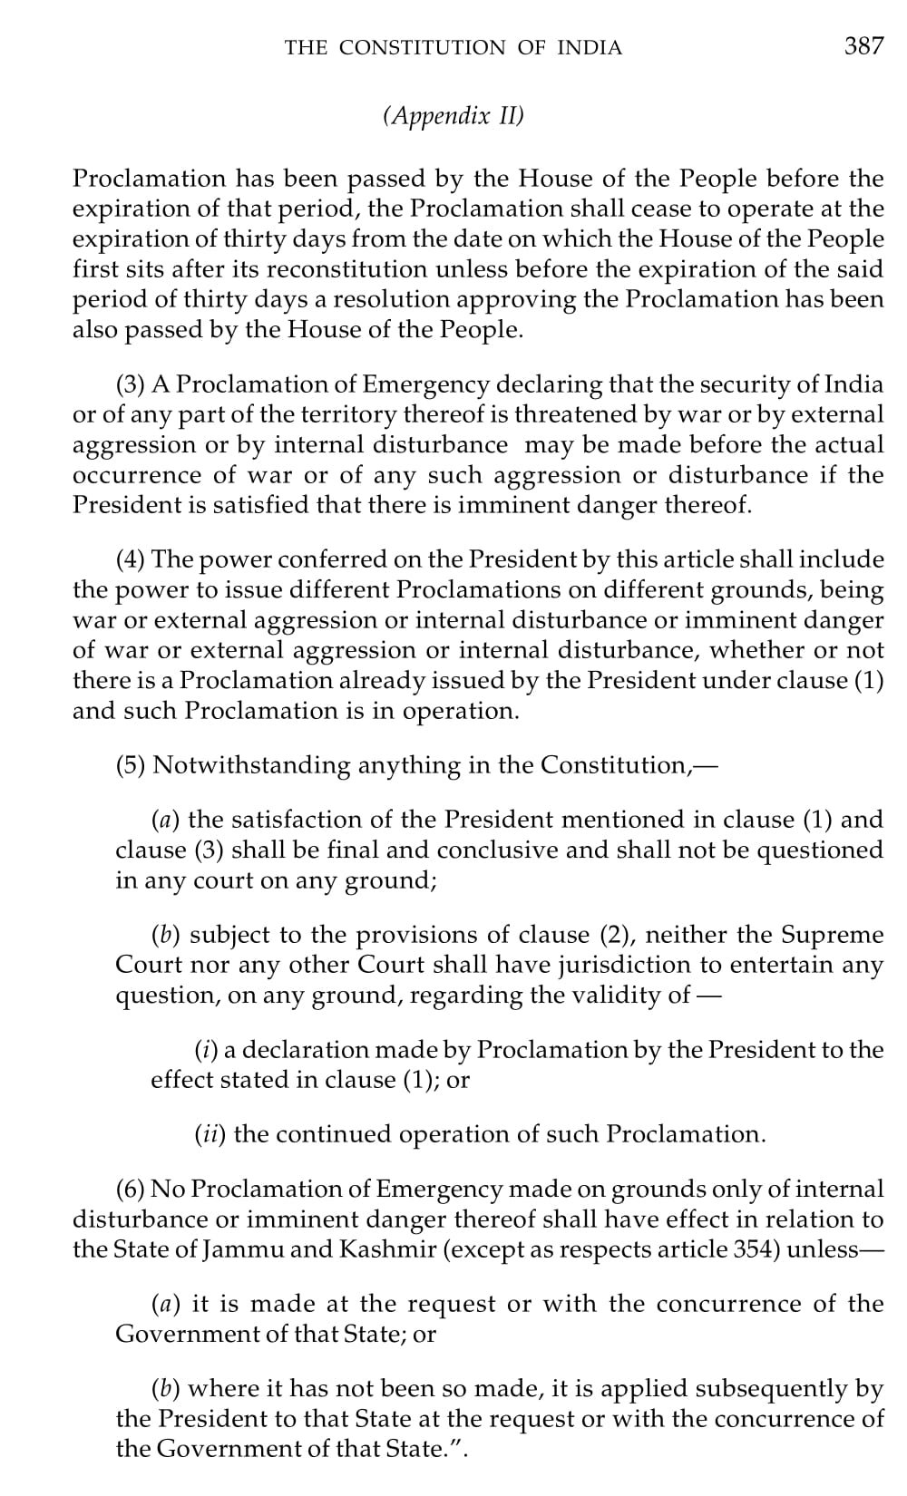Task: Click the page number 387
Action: (863, 46)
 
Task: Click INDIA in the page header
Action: (589, 48)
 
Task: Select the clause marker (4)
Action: (132, 559)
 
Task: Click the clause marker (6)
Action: (132, 1189)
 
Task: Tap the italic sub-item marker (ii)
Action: (211, 1134)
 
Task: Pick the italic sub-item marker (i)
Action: (206, 1050)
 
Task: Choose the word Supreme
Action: (833, 935)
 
